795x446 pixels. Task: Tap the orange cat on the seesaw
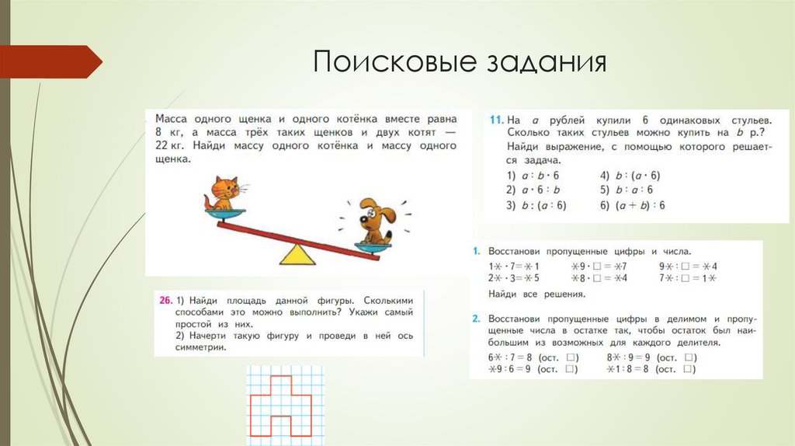[224, 193]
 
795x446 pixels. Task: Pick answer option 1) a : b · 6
[534, 175]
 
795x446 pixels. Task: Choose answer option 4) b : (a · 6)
[630, 175]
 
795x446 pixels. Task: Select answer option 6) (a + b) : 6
[632, 205]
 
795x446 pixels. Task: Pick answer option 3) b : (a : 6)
[536, 205]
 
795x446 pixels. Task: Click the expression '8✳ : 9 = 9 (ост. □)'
[651, 357]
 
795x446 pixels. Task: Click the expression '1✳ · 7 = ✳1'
[513, 266]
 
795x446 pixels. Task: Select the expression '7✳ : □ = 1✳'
[677, 277]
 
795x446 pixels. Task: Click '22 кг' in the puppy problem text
[172, 145]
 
